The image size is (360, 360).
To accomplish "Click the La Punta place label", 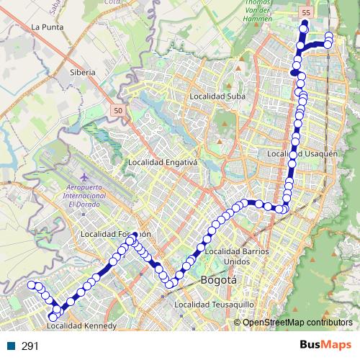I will coord(47,27).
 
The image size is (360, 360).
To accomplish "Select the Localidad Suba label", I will coord(217,96).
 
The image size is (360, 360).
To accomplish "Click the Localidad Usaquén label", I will coord(302,153).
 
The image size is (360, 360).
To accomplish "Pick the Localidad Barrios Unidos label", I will coord(237,256).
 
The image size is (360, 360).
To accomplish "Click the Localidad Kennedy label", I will coord(81,326).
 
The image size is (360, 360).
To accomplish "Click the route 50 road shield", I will coord(117,109).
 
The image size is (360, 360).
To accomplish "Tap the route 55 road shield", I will coord(306,13).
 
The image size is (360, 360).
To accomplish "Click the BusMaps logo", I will coord(320,346).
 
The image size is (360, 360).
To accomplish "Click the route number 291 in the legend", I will coord(30,346).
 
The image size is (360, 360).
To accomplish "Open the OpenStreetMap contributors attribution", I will coord(297,322).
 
